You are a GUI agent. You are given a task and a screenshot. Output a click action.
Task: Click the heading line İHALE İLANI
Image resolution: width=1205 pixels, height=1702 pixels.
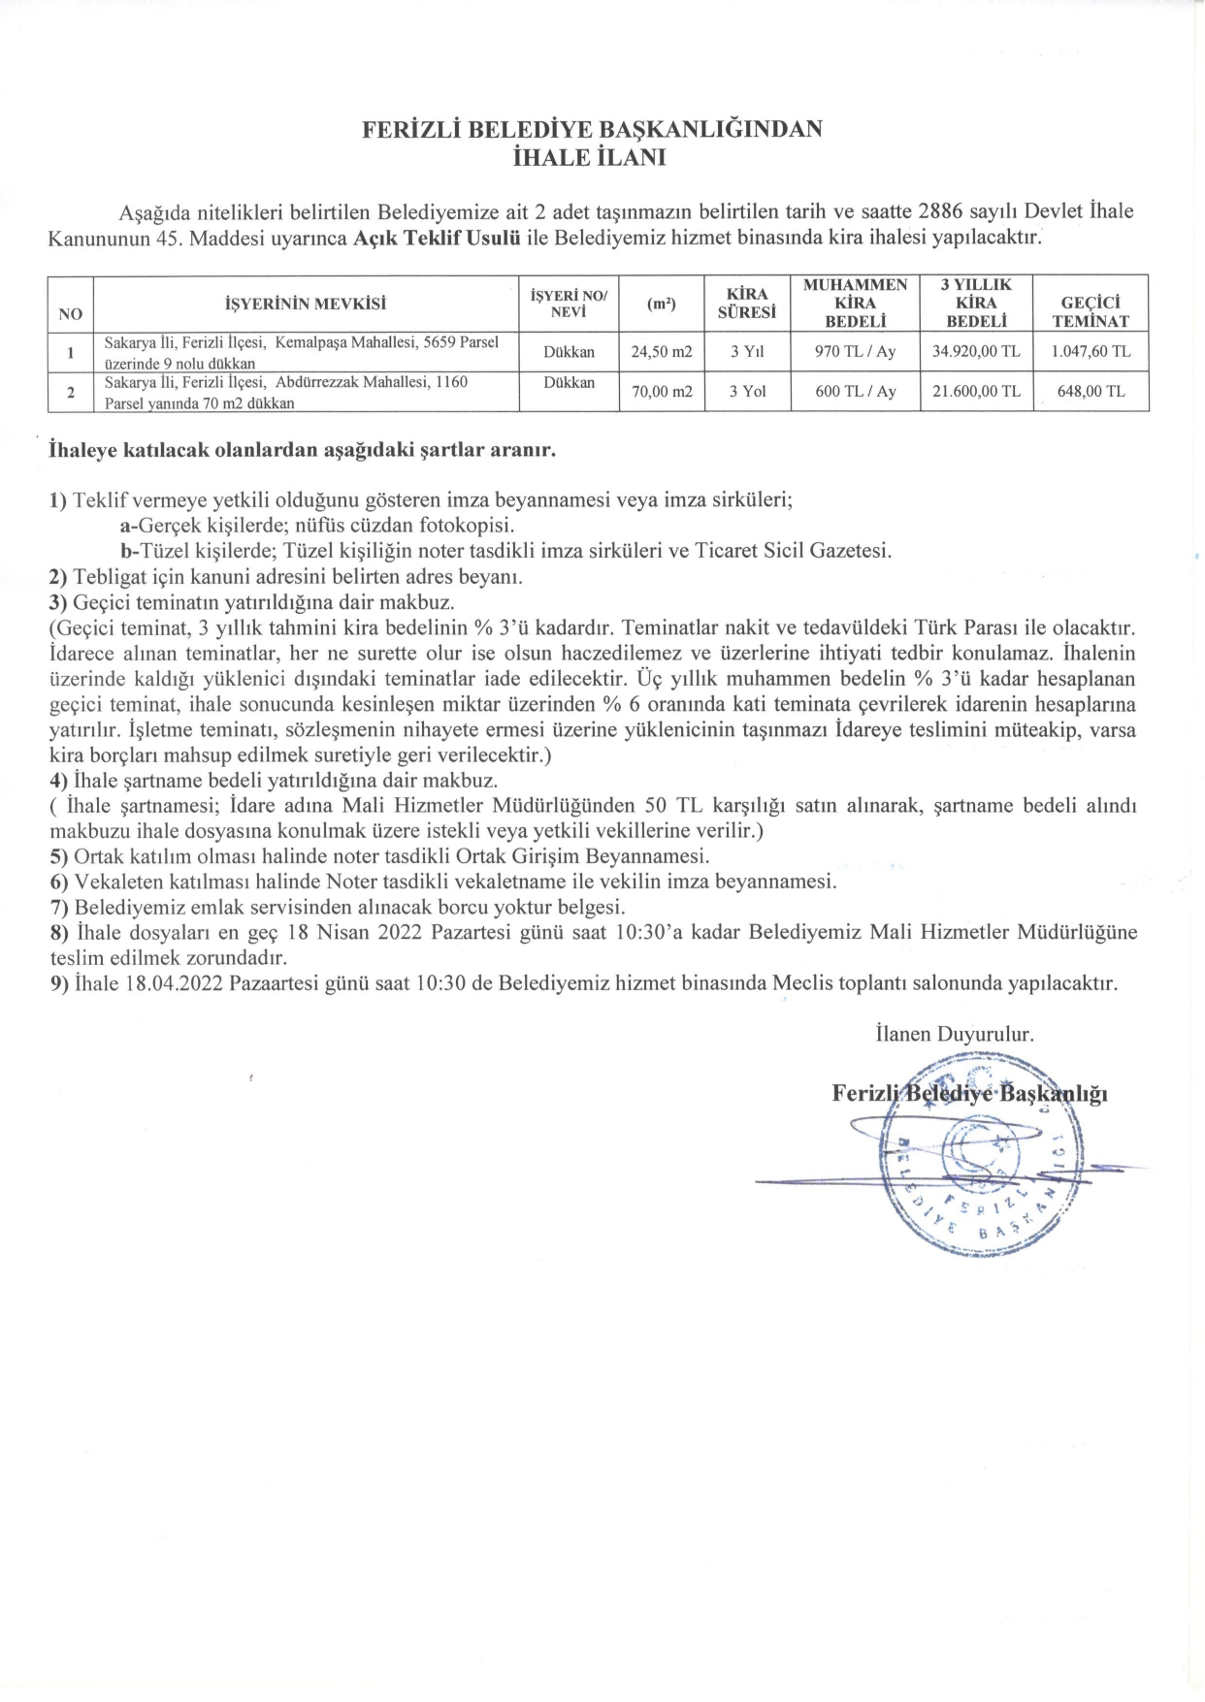click(x=589, y=157)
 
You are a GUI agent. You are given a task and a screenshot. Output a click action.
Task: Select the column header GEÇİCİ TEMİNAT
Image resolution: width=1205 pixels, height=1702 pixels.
click(x=1091, y=311)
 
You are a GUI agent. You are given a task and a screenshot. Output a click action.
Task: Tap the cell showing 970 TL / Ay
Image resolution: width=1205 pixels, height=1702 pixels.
click(x=855, y=352)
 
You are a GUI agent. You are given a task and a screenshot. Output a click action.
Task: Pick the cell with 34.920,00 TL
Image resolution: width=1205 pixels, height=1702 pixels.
click(x=976, y=352)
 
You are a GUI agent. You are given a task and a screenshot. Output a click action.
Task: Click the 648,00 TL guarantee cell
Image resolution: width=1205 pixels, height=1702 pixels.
click(x=1091, y=392)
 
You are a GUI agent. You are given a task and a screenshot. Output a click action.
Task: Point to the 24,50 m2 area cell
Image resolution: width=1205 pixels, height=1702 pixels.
click(x=662, y=352)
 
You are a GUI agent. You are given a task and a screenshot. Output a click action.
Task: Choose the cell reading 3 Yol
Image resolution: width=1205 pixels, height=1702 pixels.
click(x=747, y=392)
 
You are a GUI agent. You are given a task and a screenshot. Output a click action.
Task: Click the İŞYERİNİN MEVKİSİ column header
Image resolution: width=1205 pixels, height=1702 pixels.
click(x=306, y=304)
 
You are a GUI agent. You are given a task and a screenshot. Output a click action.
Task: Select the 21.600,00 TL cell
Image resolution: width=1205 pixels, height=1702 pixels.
click(x=976, y=392)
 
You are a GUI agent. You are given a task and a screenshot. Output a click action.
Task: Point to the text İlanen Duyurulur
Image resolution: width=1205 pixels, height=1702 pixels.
click(x=954, y=1034)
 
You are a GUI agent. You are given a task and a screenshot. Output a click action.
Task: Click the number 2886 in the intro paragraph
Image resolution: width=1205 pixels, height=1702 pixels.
click(x=940, y=211)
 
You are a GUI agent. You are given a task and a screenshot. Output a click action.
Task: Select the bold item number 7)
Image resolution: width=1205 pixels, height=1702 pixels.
click(x=59, y=908)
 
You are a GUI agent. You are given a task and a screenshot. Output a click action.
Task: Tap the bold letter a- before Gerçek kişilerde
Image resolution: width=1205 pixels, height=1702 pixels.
click(x=127, y=526)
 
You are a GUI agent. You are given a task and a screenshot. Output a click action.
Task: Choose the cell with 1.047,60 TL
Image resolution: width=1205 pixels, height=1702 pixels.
click(x=1091, y=352)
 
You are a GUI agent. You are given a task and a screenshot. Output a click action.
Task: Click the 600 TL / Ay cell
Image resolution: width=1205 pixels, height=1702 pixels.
click(x=855, y=392)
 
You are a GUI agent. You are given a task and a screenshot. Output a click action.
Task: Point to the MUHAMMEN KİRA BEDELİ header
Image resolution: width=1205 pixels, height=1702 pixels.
click(x=855, y=303)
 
